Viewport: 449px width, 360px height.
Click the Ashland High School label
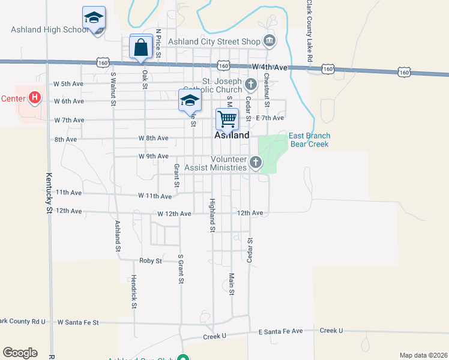pyautogui.click(x=49, y=30)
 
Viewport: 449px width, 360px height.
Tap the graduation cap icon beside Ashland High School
pyautogui.click(x=94, y=19)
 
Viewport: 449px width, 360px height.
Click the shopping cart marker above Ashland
pyautogui.click(x=228, y=119)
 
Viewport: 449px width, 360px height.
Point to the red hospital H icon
pyautogui.click(x=35, y=97)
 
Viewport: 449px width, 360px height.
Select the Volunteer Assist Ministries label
pyautogui.click(x=216, y=164)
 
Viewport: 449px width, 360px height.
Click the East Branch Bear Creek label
pyautogui.click(x=310, y=140)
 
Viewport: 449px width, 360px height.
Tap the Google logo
pyautogui.click(x=20, y=353)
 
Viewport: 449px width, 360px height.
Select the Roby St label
pyautogui.click(x=151, y=261)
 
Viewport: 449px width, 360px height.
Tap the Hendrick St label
pyautogui.click(x=134, y=292)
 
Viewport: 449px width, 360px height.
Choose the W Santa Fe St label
pyautogui.click(x=78, y=322)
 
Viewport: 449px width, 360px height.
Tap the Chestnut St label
pyautogui.click(x=267, y=89)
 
